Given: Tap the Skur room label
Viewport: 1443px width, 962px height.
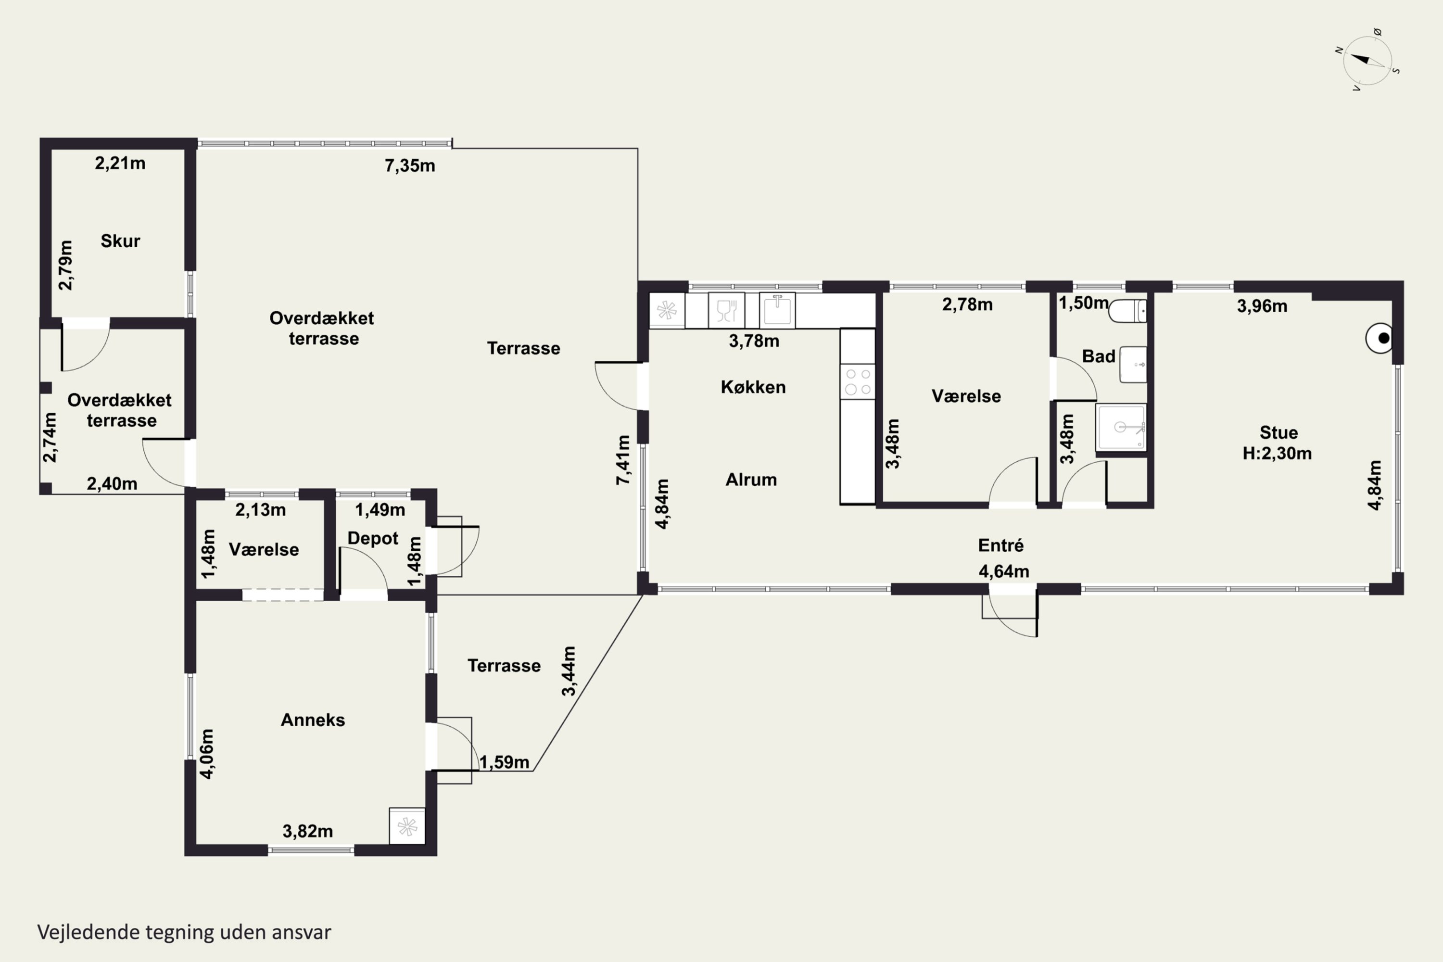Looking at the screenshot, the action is (120, 240).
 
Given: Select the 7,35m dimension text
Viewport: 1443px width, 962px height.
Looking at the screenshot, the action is (410, 165).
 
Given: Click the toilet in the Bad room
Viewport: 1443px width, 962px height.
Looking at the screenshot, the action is (1127, 311).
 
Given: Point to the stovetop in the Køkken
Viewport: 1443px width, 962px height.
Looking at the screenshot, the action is (858, 381).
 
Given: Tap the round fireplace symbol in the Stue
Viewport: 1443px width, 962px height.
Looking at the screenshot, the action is (1380, 338).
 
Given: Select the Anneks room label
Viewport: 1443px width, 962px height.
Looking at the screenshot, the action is (313, 720).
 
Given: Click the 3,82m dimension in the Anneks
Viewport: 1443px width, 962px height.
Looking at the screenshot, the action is (307, 831).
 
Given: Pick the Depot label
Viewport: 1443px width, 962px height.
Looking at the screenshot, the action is (373, 538).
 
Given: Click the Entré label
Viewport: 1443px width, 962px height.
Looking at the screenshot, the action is (1000, 545).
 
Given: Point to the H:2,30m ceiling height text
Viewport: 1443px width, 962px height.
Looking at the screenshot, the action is (1278, 454).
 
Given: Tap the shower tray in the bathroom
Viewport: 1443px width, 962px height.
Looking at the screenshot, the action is (1121, 427).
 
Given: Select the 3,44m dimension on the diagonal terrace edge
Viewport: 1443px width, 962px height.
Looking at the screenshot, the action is (569, 671).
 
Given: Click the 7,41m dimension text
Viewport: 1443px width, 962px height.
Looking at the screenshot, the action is (623, 460).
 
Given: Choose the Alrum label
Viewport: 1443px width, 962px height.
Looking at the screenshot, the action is (751, 479).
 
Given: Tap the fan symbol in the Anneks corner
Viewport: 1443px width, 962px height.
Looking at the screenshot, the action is (407, 826).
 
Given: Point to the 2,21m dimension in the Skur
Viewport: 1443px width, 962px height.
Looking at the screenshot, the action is (120, 163).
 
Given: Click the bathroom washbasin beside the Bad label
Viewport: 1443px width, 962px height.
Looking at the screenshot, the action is (1133, 365).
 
